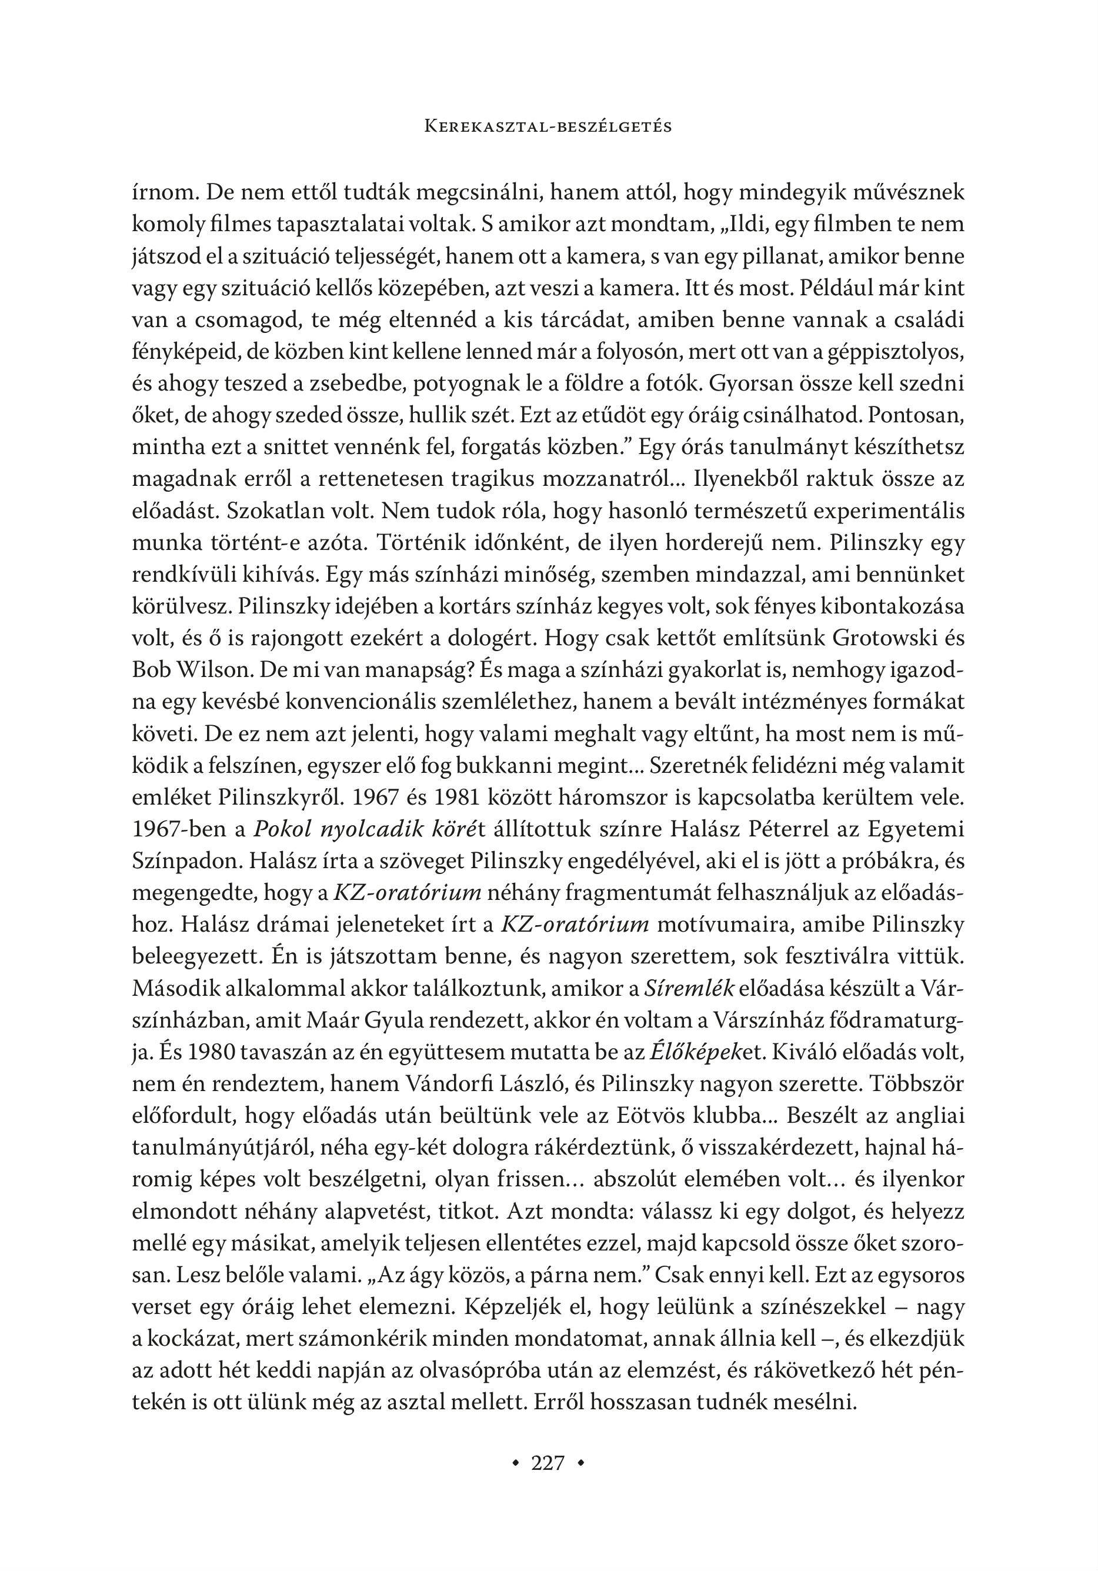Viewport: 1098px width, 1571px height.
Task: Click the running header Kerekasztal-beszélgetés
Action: pos(548,126)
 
